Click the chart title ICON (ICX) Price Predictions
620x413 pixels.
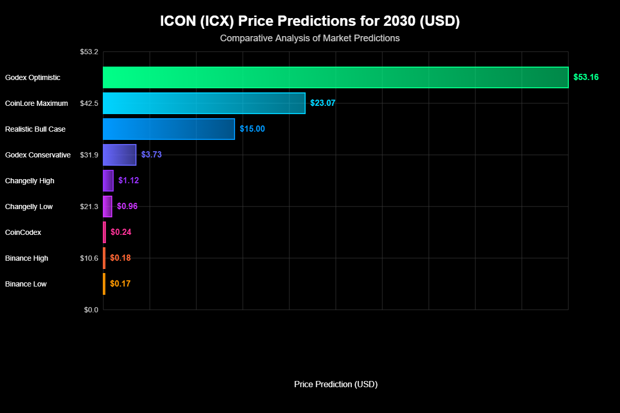coord(309,21)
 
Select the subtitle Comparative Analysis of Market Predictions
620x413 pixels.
coord(309,38)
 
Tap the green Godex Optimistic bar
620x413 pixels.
coord(335,77)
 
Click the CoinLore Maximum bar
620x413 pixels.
coord(204,103)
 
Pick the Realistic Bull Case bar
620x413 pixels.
coord(169,129)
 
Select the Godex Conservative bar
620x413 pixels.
coord(119,155)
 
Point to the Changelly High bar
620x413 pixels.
coord(108,181)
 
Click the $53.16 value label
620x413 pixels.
coord(586,77)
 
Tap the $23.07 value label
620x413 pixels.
coord(323,103)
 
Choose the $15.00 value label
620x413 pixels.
coord(252,129)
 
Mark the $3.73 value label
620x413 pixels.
coord(151,155)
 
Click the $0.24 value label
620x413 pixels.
coord(121,232)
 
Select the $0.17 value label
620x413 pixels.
coord(120,284)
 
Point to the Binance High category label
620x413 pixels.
coord(26,258)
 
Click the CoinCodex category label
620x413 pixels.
coord(23,232)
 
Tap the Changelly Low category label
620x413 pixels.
coord(29,206)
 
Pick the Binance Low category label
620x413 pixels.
coord(26,284)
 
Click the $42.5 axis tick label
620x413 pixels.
coord(89,103)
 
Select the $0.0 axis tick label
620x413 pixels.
coord(91,310)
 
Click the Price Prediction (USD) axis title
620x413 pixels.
coord(335,385)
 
